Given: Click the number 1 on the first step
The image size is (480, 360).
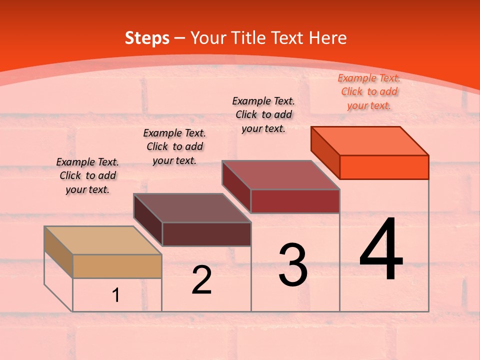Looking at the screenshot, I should click(x=116, y=295).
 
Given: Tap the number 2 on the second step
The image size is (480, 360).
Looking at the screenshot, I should click(x=201, y=280).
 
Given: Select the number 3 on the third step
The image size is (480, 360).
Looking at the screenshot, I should click(x=293, y=265).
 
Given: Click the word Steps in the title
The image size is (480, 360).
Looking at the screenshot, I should click(x=147, y=38).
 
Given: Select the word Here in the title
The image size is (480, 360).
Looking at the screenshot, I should click(x=327, y=38).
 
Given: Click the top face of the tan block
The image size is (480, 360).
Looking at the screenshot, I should click(x=103, y=240).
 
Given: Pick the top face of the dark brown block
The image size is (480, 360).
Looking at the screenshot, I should click(x=192, y=208).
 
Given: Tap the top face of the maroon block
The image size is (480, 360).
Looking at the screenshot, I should click(x=281, y=175).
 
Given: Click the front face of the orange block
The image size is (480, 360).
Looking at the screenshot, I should click(x=384, y=167).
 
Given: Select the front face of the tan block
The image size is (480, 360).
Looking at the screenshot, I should click(x=117, y=266).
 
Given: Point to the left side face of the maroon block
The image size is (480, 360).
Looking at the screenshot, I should click(x=236, y=186).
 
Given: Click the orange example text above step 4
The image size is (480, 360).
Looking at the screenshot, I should click(x=369, y=91).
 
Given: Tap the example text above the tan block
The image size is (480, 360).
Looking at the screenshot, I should click(x=87, y=175).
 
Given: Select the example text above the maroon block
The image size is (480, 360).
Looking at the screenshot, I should click(x=263, y=114).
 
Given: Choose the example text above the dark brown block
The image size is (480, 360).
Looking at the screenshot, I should click(x=174, y=146).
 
